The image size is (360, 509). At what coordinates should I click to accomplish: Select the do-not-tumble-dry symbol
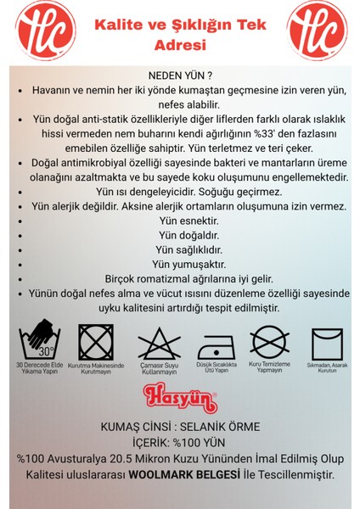(95, 343)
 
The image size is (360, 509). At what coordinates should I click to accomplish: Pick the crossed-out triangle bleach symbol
(153, 343)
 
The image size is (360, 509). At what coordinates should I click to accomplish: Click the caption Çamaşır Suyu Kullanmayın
(153, 371)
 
